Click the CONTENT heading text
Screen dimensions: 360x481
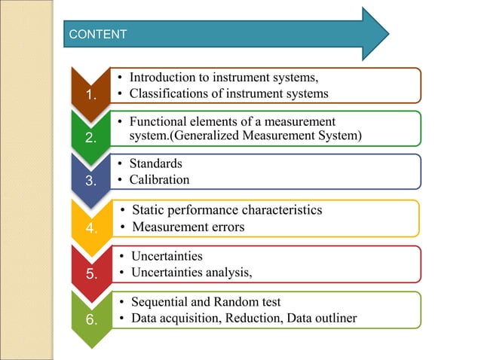[x=97, y=34]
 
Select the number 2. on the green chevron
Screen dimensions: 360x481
[x=90, y=138]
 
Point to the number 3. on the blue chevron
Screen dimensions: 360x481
[x=90, y=181]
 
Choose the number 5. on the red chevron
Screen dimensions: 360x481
[x=90, y=273]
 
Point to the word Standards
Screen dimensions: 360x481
[x=156, y=163]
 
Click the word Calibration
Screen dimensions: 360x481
[x=159, y=180]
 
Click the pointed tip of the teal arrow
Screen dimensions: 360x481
[x=388, y=34]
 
